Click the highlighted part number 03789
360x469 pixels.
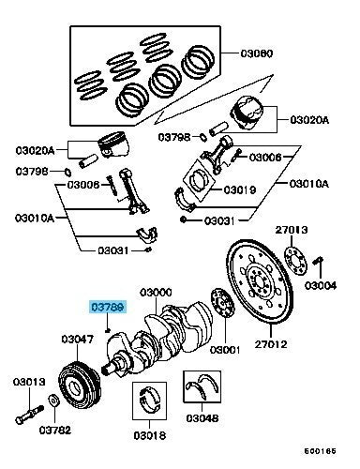coord(107,306)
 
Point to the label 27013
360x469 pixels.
coord(292,228)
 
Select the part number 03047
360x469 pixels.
coord(78,339)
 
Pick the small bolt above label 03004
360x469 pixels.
coord(319,261)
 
